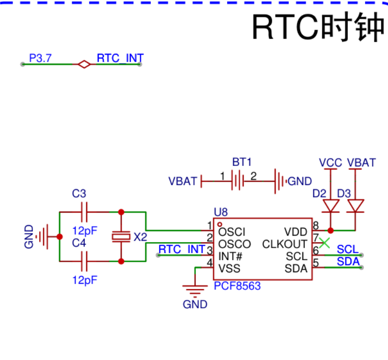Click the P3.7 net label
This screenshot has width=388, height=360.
pyautogui.click(x=40, y=58)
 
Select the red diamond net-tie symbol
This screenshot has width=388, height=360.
pyautogui.click(x=84, y=64)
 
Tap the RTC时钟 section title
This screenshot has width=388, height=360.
pyautogui.click(x=318, y=27)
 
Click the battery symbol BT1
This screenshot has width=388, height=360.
pyautogui.click(x=238, y=182)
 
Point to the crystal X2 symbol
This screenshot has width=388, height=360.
pyautogui.click(x=121, y=237)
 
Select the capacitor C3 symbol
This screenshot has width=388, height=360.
pyautogui.click(x=84, y=212)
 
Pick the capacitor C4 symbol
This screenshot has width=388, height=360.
pyautogui.click(x=84, y=261)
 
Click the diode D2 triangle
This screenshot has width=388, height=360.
pyautogui.click(x=330, y=206)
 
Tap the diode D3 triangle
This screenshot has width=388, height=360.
pyautogui.click(x=355, y=206)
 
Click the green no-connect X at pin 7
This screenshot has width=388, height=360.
pyautogui.click(x=324, y=243)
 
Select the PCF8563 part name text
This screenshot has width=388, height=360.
pyautogui.click(x=237, y=286)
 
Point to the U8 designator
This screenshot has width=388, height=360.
pyautogui.click(x=221, y=212)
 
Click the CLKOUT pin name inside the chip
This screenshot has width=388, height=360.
pyautogui.click(x=285, y=244)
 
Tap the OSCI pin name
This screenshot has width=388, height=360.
pyautogui.click(x=232, y=232)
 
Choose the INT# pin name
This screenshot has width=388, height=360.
pyautogui.click(x=230, y=256)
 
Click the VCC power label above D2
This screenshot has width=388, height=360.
pyautogui.click(x=330, y=163)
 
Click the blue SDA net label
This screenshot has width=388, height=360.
pyautogui.click(x=348, y=262)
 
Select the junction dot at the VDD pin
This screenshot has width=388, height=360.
pyautogui.click(x=330, y=231)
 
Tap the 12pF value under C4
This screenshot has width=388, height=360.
pyautogui.click(x=85, y=280)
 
